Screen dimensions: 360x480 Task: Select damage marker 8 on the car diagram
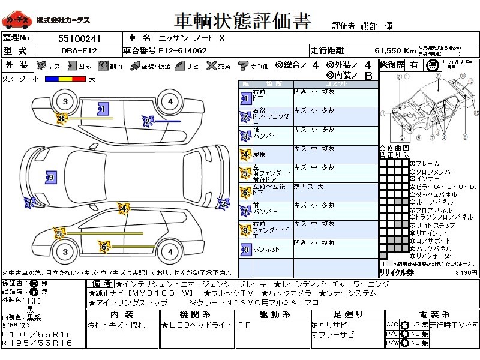61,119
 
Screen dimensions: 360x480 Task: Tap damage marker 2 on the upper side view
146,122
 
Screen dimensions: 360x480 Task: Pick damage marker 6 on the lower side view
103,246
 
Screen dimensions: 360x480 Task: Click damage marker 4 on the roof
124,209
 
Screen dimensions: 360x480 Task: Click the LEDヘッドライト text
188,325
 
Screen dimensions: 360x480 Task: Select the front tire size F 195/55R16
37,334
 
